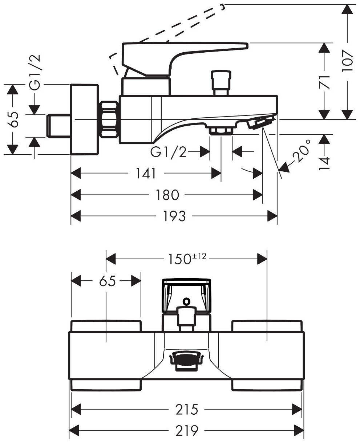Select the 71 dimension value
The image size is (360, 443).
[x=325, y=82]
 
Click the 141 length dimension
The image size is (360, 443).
[x=147, y=174]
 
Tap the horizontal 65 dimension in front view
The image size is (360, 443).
[x=106, y=281]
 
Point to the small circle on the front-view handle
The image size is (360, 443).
[x=187, y=301]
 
